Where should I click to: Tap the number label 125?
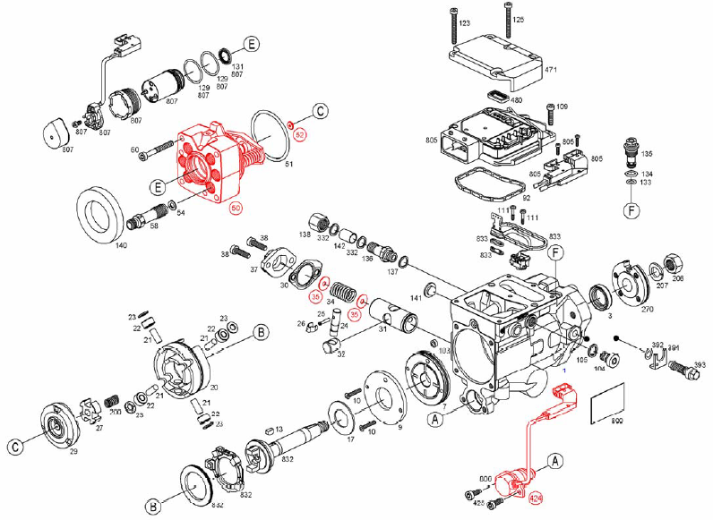[519, 19]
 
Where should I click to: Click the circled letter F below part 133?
[631, 212]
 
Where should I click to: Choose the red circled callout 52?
[301, 133]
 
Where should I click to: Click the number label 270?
[647, 309]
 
